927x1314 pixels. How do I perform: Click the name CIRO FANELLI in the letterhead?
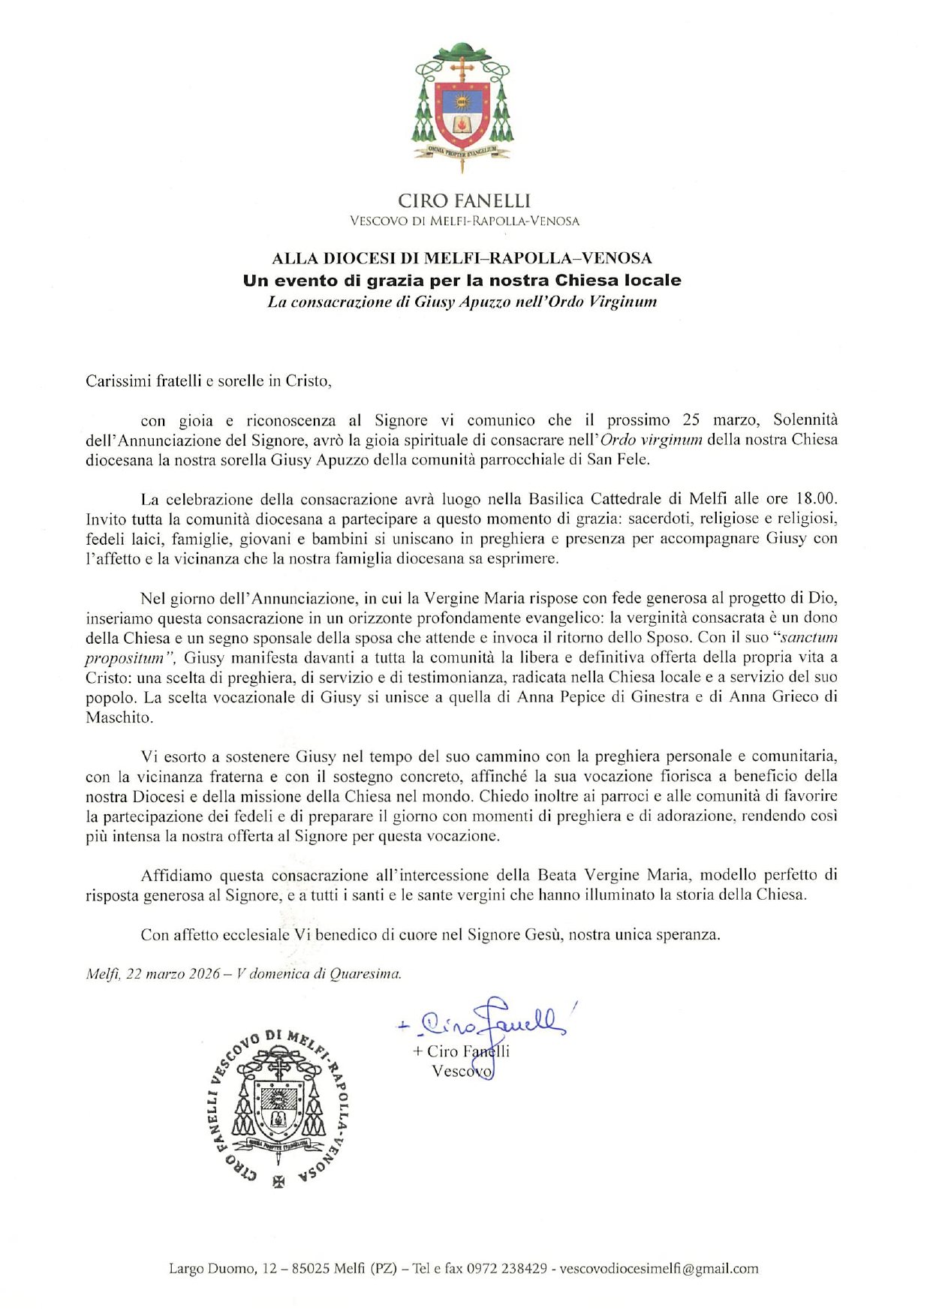(x=463, y=201)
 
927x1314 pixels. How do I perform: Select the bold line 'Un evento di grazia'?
(x=462, y=281)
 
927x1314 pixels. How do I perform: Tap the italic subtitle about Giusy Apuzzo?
(x=462, y=302)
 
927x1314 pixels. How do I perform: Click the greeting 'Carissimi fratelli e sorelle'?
(x=208, y=381)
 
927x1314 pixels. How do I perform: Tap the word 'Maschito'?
(x=119, y=717)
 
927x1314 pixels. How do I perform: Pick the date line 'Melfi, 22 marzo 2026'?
(x=153, y=975)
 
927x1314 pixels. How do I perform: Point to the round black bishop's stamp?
(x=279, y=1108)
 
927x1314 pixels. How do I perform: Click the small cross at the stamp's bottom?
(x=278, y=1180)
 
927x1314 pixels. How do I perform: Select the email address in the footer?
(x=659, y=1269)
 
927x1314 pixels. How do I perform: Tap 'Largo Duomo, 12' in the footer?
(x=212, y=1269)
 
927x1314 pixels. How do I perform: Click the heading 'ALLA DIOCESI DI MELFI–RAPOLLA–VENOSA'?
(x=462, y=259)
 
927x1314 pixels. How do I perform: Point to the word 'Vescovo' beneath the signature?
(x=462, y=1072)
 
